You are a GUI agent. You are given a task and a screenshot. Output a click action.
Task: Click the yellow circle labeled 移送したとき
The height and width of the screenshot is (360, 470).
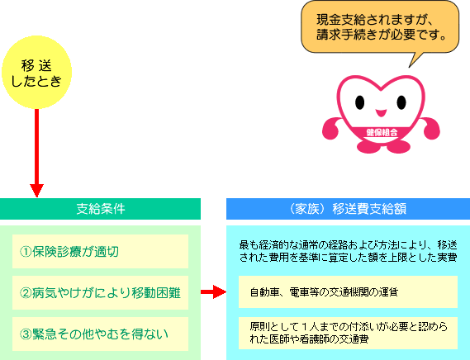(x=36, y=72)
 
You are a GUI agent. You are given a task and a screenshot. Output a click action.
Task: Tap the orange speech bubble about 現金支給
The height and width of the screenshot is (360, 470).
(x=380, y=27)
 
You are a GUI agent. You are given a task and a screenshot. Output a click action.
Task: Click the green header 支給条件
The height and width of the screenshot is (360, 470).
(x=100, y=209)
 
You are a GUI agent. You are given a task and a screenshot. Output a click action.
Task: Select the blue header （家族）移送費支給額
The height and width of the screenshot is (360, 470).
(x=348, y=209)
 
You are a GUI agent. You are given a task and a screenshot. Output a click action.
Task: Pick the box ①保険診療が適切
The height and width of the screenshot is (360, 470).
(x=100, y=251)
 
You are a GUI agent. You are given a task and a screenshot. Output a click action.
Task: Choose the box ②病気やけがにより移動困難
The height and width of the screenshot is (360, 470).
(x=100, y=292)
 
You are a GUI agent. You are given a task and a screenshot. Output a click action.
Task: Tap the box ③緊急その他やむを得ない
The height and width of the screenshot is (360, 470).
(x=100, y=334)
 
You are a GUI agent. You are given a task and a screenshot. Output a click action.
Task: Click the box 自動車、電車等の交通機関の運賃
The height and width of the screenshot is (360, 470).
(x=348, y=291)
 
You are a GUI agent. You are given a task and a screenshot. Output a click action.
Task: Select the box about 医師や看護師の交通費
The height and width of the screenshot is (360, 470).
(x=348, y=333)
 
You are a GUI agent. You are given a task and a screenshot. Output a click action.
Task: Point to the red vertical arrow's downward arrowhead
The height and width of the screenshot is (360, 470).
(x=36, y=191)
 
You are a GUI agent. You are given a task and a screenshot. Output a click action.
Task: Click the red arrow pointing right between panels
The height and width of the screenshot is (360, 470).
(x=213, y=291)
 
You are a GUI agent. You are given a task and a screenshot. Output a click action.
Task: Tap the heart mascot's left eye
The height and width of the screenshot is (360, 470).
(x=359, y=102)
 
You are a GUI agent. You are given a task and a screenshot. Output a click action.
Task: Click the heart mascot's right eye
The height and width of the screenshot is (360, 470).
(x=401, y=102)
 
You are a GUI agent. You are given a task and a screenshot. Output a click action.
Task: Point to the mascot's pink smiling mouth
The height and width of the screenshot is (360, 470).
(x=381, y=113)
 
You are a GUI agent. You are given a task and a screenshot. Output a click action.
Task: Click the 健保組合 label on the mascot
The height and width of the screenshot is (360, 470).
(x=382, y=132)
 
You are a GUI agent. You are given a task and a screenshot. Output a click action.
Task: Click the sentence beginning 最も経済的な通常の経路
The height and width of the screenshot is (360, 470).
(x=348, y=251)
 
